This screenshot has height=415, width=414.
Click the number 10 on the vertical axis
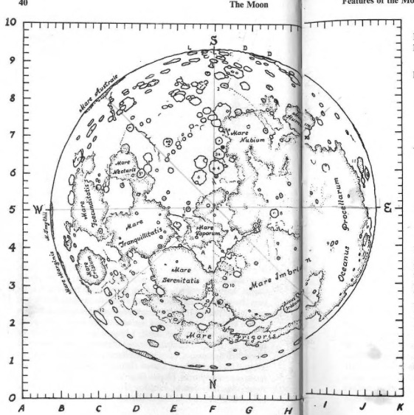[x=10, y=21]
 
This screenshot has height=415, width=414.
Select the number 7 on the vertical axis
[x=12, y=135]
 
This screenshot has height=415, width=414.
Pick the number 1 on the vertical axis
[x=12, y=360]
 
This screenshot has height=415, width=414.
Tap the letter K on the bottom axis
[x=400, y=406]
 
